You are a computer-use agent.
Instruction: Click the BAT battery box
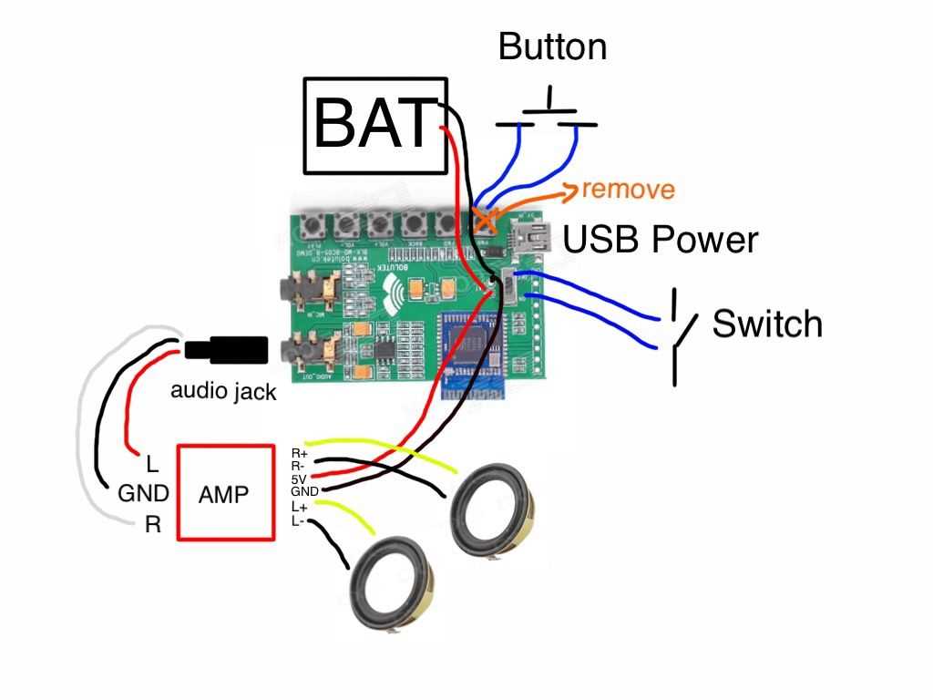(x=375, y=125)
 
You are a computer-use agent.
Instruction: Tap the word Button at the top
(x=552, y=46)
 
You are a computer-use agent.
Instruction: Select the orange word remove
(x=629, y=190)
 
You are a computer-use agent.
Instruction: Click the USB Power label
(x=661, y=240)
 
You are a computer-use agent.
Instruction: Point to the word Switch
(x=767, y=324)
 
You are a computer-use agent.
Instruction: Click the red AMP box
(x=225, y=492)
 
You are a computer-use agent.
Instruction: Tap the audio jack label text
(x=223, y=393)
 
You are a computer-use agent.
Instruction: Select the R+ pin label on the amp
(x=299, y=453)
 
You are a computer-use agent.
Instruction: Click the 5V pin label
(x=298, y=479)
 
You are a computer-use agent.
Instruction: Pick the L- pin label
(x=298, y=520)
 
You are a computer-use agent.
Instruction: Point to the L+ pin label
(x=299, y=507)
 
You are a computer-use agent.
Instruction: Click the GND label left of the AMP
(x=143, y=494)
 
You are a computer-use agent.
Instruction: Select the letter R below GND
(x=152, y=525)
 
